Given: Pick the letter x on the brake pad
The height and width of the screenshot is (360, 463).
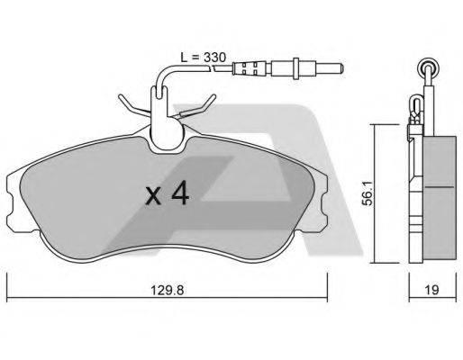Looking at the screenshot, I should (x=155, y=196).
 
